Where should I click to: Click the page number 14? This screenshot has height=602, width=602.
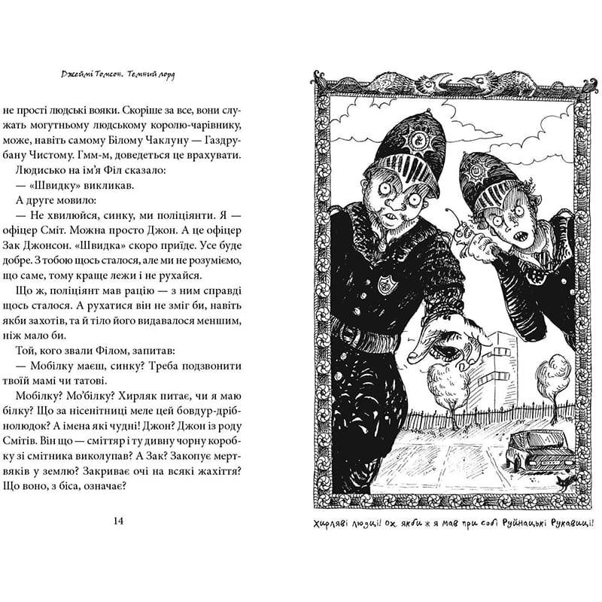point(117,521)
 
